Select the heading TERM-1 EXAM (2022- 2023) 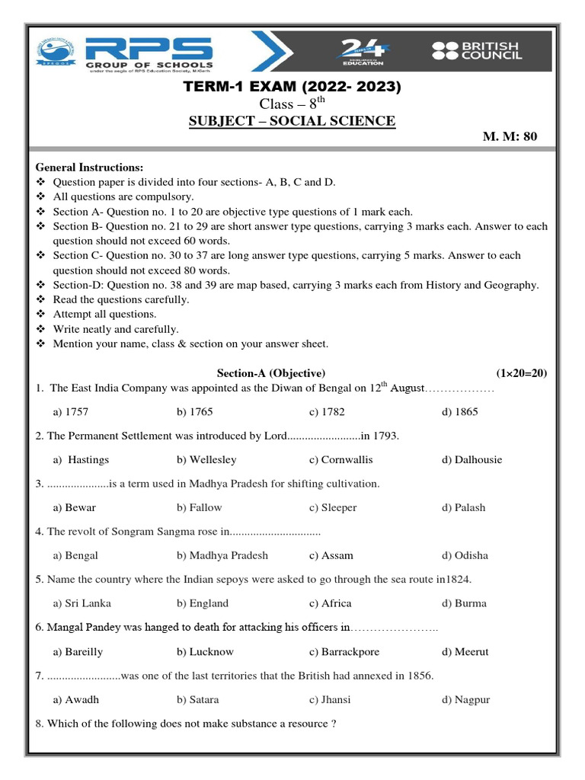tap(292, 87)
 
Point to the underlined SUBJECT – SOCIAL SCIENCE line tap(292, 121)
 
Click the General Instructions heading tap(89, 168)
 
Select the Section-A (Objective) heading tap(271, 373)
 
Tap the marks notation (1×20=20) tap(521, 373)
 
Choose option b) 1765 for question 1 tap(194, 412)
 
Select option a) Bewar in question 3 tap(75, 507)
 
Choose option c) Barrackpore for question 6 tap(344, 652)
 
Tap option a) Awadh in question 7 tap(76, 699)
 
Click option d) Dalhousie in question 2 tap(472, 460)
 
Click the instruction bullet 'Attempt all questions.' tap(104, 314)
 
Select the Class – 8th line tap(292, 104)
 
